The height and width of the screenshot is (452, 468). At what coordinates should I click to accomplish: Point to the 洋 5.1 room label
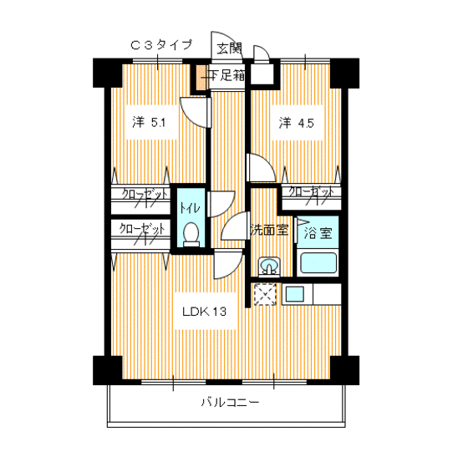point(149,123)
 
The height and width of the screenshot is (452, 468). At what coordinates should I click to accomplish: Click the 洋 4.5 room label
point(296,123)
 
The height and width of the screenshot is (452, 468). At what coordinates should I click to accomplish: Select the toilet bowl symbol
point(191,232)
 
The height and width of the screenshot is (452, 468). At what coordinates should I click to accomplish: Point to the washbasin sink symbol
point(269,267)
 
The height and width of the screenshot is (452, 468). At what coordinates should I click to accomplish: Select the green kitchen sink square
point(295,294)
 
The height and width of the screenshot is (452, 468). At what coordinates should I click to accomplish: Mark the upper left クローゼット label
point(142,195)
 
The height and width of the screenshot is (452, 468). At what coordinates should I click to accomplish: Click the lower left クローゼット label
point(140,228)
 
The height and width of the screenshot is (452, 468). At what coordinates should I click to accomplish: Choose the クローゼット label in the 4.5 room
point(311,193)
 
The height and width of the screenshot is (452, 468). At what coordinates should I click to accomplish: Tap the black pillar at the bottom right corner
point(341,368)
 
